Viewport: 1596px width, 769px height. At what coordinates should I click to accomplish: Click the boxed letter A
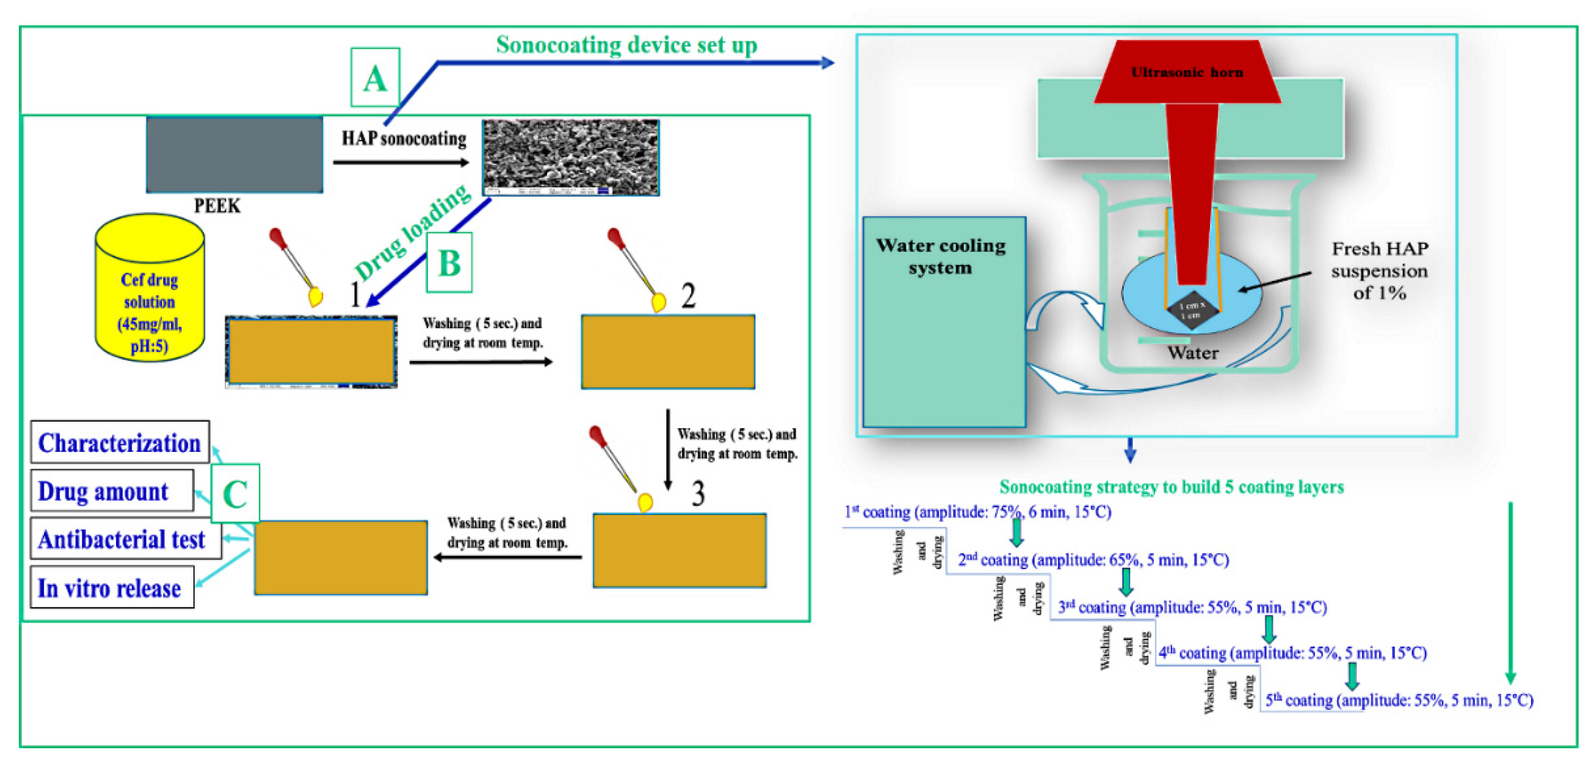click(375, 78)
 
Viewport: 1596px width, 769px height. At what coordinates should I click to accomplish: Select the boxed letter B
click(449, 263)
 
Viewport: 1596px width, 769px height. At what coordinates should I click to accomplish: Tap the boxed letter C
click(235, 494)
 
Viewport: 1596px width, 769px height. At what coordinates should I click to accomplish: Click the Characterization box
click(119, 442)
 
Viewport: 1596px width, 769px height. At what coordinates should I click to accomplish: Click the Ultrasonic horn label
click(1187, 73)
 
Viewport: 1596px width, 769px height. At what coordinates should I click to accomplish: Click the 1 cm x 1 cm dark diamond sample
click(1192, 310)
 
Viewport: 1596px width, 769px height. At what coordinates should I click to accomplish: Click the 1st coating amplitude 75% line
click(978, 512)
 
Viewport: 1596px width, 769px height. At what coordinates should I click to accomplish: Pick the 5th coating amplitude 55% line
click(1399, 700)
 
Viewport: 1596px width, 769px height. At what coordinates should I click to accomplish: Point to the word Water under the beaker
click(1193, 353)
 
